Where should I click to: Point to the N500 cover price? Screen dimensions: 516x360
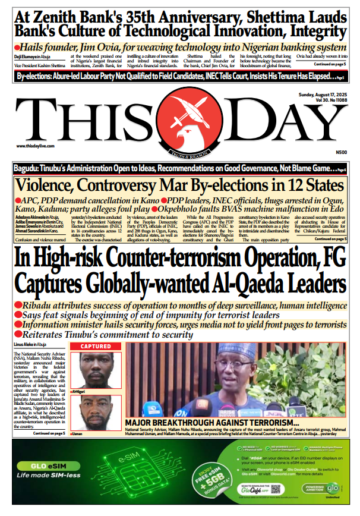click(x=341, y=152)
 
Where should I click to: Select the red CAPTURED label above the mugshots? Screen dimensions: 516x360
click(x=96, y=347)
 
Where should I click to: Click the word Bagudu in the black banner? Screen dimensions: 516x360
click(x=28, y=168)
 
